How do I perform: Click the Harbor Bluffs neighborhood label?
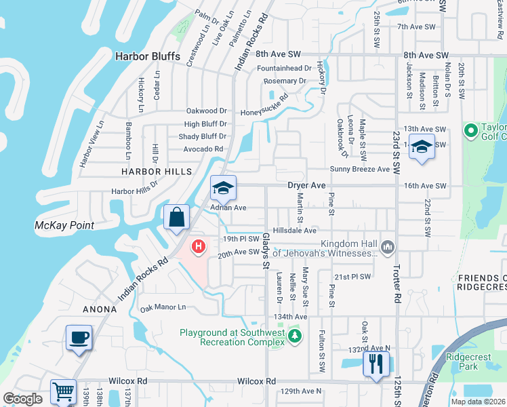click(151, 57)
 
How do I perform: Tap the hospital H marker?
click(199, 246)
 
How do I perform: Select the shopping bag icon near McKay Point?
click(176, 218)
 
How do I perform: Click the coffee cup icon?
click(79, 337)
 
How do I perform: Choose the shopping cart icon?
click(63, 391)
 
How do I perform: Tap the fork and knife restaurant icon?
click(374, 364)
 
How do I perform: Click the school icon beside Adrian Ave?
click(223, 188)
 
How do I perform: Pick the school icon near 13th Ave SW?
click(422, 148)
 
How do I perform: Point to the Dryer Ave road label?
click(308, 185)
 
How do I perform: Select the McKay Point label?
click(64, 225)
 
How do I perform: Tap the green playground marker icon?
click(293, 336)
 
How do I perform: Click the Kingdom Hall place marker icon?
click(388, 246)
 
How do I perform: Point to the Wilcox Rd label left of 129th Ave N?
click(257, 382)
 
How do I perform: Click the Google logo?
click(22, 399)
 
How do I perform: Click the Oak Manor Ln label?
click(163, 307)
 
